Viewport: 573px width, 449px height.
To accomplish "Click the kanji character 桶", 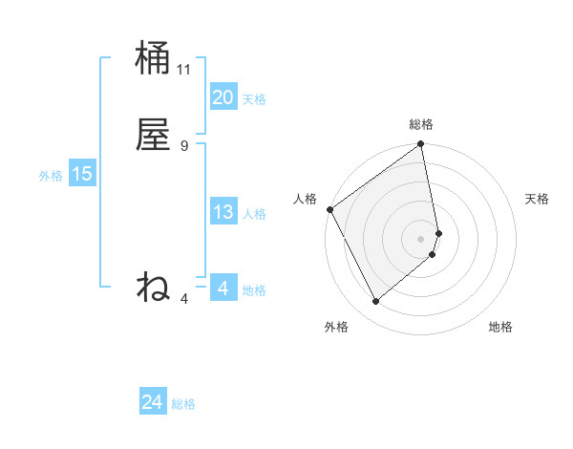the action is (153, 59).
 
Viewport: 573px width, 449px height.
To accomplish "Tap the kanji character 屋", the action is (153, 135).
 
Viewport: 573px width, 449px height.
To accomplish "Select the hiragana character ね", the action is (153, 286).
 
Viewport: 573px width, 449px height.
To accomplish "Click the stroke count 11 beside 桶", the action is (184, 70).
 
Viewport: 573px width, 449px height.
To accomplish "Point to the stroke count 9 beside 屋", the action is (184, 145).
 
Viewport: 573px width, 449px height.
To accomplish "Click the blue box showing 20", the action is (223, 97).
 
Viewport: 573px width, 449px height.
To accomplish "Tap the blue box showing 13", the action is (223, 212).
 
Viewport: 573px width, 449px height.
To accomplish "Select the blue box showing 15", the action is (81, 174).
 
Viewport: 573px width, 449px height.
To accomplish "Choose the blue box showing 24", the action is (152, 403).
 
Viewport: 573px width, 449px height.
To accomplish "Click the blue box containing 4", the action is (223, 289).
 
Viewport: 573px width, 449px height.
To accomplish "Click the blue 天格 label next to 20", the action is (254, 99).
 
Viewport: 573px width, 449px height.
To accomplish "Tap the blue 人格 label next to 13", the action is (254, 214).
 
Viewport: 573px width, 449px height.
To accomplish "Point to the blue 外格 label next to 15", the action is (51, 176).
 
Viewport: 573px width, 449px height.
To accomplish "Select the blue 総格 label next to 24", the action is (183, 405).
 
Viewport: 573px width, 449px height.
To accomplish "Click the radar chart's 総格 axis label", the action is (421, 124).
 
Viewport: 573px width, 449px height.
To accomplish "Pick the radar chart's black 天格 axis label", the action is (537, 199).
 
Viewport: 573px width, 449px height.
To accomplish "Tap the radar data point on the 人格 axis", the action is (329, 209).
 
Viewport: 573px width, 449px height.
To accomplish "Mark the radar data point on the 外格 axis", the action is (375, 302).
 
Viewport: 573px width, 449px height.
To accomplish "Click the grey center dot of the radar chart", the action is (421, 238).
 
